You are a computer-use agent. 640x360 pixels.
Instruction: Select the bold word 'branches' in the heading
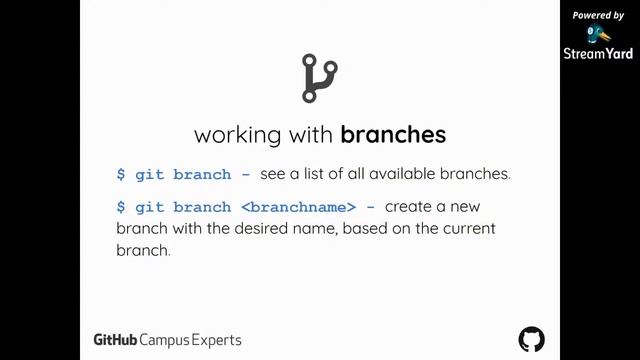tap(393, 134)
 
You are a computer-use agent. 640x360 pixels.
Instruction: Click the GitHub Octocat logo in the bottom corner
tap(532, 338)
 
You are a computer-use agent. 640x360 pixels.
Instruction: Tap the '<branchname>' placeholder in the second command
tap(298, 207)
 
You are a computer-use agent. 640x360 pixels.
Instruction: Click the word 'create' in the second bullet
tap(411, 207)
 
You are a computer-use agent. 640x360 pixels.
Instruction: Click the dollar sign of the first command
tap(121, 174)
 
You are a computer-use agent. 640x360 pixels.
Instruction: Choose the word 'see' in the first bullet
tap(273, 174)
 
